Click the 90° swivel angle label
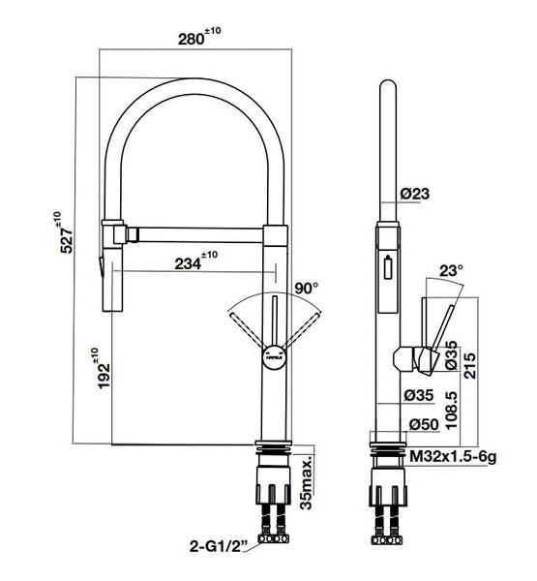[307, 289]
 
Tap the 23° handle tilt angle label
[452, 272]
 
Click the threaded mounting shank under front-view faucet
[272, 452]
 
